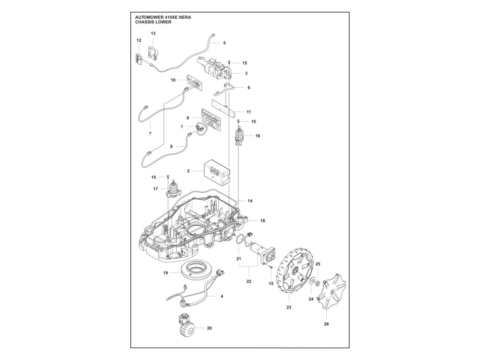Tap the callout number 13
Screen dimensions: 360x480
(x=153, y=33)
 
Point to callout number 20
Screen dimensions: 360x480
(x=209, y=328)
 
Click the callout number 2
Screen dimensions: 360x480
(x=188, y=171)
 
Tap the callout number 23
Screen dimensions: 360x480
(x=289, y=307)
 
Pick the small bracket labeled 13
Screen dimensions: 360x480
(x=152, y=52)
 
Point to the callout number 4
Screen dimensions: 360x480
(x=221, y=296)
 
